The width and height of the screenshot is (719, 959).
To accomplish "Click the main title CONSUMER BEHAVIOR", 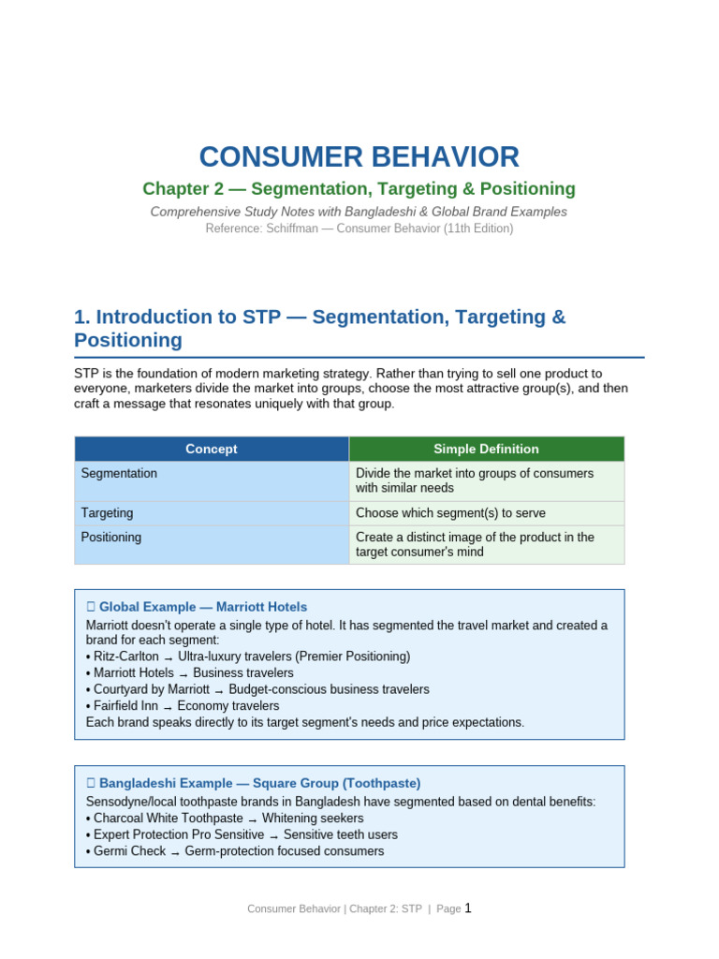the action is pos(359,156).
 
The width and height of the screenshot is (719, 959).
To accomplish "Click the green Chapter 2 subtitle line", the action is pos(359,188).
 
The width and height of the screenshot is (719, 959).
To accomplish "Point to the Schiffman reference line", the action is pos(359,229).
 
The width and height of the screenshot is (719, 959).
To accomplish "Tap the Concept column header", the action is pos(212,449).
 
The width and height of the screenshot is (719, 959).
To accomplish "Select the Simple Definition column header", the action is pos(487,449).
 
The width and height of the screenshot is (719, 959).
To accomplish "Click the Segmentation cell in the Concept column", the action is pos(119,473).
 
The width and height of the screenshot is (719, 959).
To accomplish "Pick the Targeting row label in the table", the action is pos(107,513).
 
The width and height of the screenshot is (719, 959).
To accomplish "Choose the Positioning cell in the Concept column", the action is pos(111,537).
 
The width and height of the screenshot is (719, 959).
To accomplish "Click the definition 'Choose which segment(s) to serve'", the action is pos(450,513).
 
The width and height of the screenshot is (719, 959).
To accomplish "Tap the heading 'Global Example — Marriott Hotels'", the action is pos(203,607).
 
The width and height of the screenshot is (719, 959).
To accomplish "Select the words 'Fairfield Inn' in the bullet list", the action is pos(126,706).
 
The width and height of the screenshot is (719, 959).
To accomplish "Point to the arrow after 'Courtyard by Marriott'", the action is pos(219,690).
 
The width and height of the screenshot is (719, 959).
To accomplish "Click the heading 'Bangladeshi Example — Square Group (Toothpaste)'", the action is pos(260,783).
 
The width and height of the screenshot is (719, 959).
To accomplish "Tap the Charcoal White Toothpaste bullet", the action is pos(225,819).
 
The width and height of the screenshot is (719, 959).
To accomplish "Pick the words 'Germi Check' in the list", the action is pos(129,851).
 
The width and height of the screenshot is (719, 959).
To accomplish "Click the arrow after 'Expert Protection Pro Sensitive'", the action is pos(274,836).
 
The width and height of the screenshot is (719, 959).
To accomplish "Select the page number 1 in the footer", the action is pos(468,908).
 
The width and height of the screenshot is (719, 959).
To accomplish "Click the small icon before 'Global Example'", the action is pos(91,607).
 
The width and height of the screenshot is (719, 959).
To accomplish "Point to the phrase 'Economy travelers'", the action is pos(228,706).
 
